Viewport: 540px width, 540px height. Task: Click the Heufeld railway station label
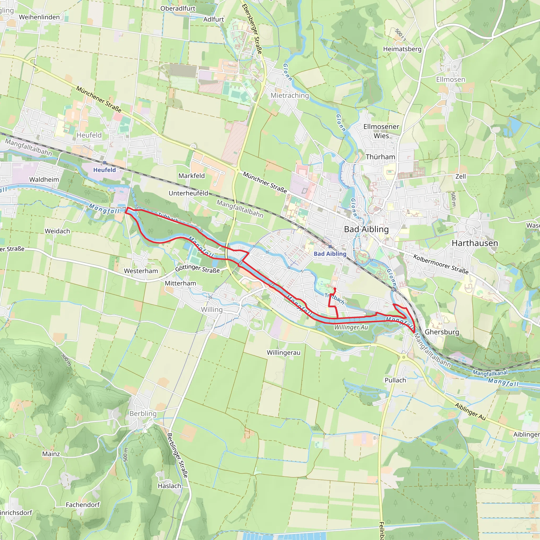104,170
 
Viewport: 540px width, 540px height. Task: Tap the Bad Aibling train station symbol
330,247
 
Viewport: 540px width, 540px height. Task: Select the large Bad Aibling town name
366,229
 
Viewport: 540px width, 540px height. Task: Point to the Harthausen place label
475,243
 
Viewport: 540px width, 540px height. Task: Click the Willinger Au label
351,327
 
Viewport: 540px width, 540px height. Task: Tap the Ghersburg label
442,332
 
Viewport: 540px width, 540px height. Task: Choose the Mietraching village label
290,96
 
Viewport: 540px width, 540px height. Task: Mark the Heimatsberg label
402,49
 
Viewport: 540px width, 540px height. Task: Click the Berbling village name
143,413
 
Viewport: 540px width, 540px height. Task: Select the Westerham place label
141,271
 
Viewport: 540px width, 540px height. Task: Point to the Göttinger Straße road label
197,269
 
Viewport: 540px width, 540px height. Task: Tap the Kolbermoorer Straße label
441,264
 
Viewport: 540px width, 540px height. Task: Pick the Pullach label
395,380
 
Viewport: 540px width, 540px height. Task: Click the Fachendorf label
83,505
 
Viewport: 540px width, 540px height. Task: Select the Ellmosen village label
451,80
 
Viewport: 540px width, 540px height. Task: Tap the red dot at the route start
335,289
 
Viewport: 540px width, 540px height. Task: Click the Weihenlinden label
39,17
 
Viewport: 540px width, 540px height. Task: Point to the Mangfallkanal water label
490,373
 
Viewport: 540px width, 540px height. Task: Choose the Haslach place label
169,486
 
